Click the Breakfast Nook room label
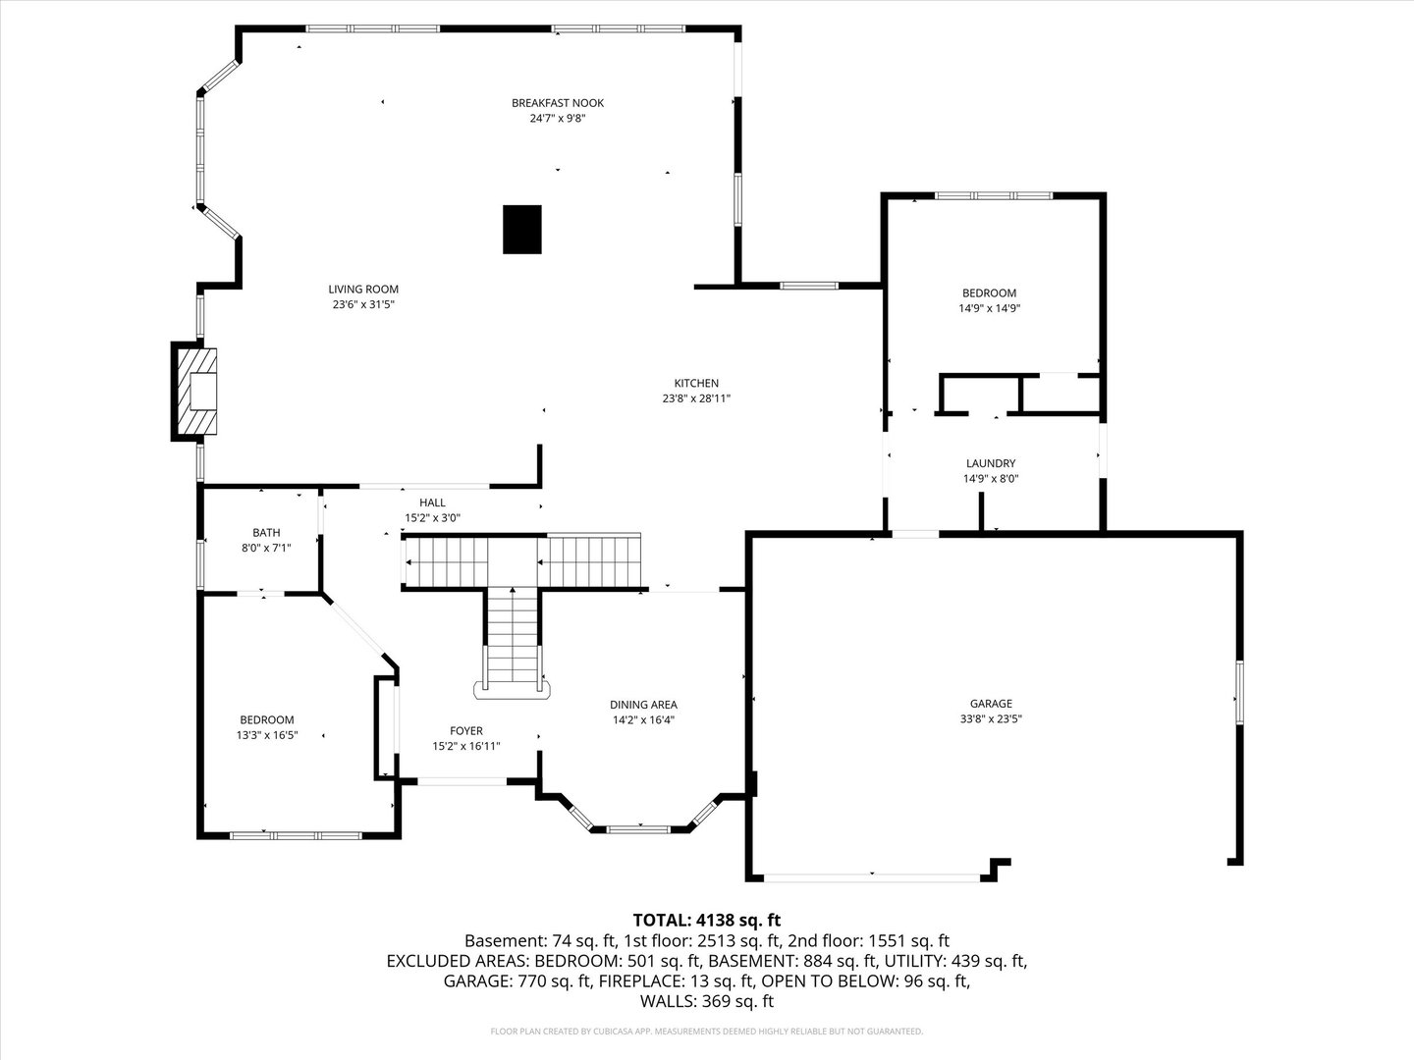click(x=557, y=103)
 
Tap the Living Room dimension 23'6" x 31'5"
click(x=363, y=304)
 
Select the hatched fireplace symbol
click(x=197, y=392)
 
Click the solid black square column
click(x=521, y=230)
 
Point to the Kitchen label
click(x=696, y=383)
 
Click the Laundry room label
click(x=991, y=463)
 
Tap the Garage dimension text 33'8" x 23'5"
click(x=991, y=718)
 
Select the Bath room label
click(x=266, y=532)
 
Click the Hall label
click(x=432, y=503)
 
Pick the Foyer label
click(x=465, y=730)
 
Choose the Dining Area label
click(x=643, y=705)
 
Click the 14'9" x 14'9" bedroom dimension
click(x=990, y=308)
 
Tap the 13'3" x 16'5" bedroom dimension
click(x=267, y=735)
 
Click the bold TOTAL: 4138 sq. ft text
click(x=707, y=921)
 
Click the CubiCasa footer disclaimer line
click(x=707, y=1032)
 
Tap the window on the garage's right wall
click(x=1239, y=693)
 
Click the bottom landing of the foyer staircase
click(x=513, y=691)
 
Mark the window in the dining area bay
click(x=639, y=829)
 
